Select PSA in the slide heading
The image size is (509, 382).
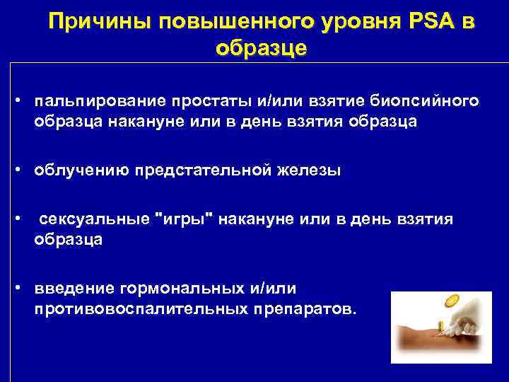pyautogui.click(x=433, y=23)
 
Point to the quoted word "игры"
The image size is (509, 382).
pyautogui.click(x=188, y=219)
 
